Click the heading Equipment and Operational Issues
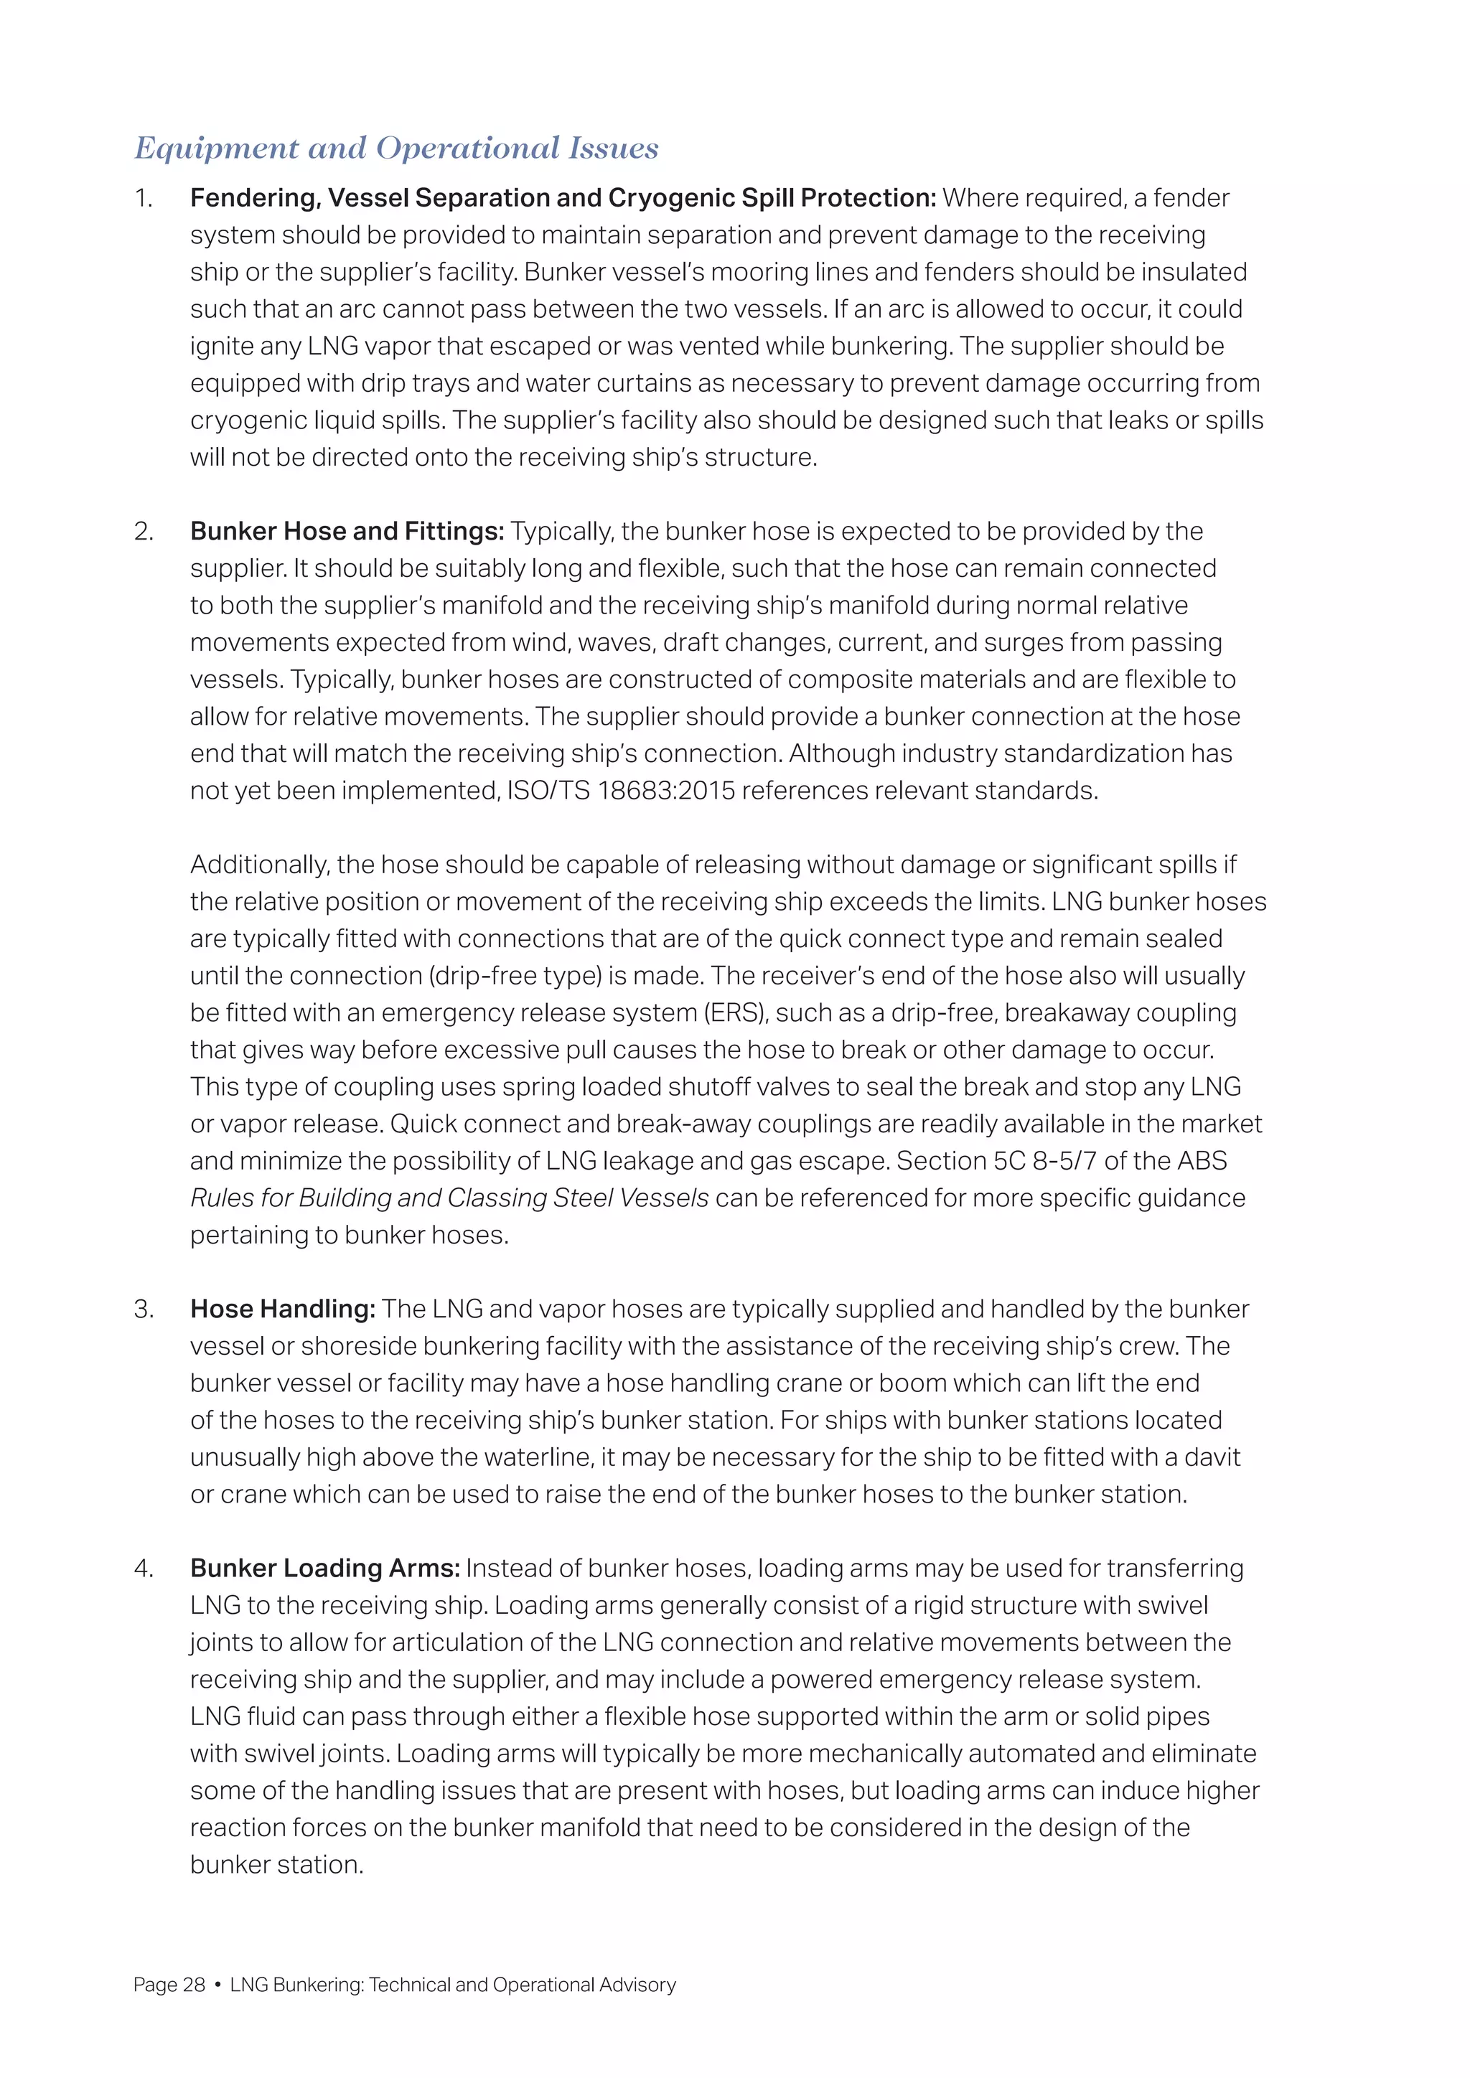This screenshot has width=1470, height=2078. [396, 149]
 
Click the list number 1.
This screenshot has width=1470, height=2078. [144, 198]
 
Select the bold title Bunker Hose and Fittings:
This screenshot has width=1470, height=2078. [347, 531]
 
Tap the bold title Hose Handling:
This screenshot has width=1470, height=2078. [282, 1309]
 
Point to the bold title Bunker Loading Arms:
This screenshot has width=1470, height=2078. [325, 1568]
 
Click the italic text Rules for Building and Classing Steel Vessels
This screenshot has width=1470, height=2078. [449, 1198]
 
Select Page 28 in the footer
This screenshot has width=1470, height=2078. [169, 1985]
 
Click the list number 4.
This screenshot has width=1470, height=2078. [144, 1568]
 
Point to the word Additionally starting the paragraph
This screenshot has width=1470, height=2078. [259, 865]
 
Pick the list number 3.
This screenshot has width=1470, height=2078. [144, 1309]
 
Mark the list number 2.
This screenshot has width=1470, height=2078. [144, 531]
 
